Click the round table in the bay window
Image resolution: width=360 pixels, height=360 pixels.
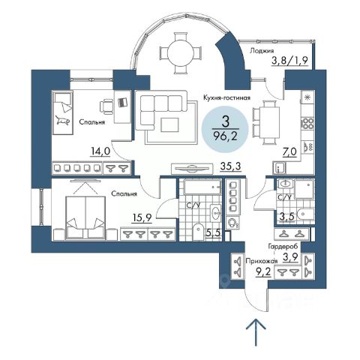point(181,53)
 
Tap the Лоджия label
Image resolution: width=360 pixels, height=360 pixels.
point(262,51)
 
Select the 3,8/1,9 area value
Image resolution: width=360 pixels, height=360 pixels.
point(289,61)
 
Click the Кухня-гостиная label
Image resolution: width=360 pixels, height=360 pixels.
point(226,97)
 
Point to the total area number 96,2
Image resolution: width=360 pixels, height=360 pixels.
point(225,136)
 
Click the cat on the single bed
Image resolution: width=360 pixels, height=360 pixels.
point(62,121)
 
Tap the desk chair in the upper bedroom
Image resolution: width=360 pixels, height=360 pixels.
point(106,106)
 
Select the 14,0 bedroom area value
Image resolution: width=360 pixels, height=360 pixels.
point(100,151)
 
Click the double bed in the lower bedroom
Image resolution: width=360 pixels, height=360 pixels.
point(85,217)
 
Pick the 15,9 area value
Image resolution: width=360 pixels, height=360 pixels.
point(142,217)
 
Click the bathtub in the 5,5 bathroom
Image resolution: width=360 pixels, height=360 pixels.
point(202,187)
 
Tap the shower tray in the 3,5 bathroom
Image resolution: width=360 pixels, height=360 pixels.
point(304,189)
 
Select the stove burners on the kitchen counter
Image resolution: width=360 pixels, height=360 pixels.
point(307,124)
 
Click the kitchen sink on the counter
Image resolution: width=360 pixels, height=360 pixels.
point(307,146)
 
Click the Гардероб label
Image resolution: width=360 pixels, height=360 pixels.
point(283,246)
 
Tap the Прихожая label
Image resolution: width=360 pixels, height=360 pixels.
point(262,261)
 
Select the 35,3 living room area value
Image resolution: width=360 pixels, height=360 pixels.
point(230,166)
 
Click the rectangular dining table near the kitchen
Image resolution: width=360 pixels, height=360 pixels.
point(269,122)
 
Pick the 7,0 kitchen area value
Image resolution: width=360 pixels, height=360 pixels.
point(289,151)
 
